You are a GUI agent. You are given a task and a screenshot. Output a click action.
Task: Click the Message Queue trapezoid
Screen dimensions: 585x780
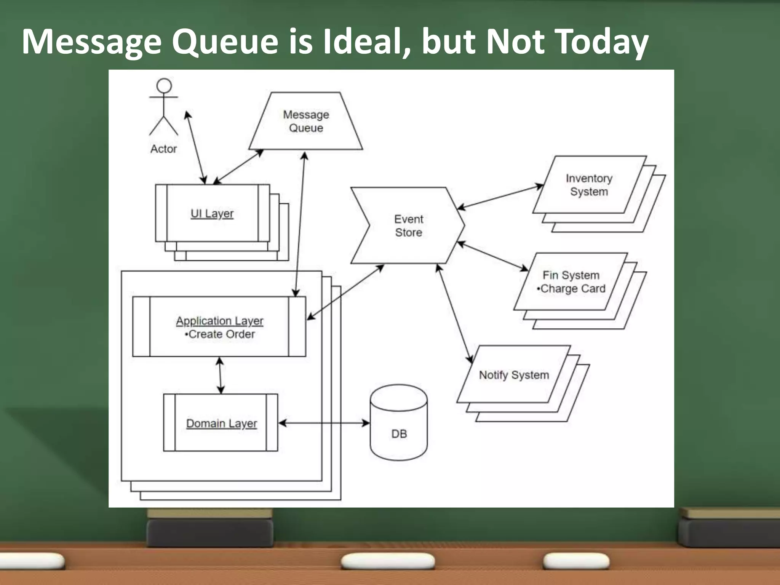click(306, 121)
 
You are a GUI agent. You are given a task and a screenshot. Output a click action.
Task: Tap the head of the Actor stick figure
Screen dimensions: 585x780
click(164, 86)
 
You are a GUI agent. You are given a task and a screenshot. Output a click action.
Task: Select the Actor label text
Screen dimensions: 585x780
click(163, 149)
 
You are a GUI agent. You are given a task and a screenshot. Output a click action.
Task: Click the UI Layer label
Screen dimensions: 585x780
click(212, 214)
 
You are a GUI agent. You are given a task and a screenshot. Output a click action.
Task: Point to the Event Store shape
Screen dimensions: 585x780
click(408, 225)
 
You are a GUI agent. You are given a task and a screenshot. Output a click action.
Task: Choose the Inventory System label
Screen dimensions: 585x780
click(589, 185)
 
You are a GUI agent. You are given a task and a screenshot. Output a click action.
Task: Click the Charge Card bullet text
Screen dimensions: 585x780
click(571, 289)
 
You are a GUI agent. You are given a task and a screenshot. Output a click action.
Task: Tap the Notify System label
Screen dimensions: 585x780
click(514, 375)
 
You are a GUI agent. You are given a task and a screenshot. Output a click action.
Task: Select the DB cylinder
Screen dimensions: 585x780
click(399, 423)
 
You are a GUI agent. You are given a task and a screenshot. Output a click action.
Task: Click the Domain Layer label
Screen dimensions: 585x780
click(221, 424)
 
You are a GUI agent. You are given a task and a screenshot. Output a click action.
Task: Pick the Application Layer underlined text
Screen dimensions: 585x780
click(219, 321)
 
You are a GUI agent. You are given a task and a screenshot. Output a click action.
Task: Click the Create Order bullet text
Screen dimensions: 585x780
click(220, 334)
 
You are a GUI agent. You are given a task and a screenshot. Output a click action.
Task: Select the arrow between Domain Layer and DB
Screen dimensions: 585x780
click(324, 423)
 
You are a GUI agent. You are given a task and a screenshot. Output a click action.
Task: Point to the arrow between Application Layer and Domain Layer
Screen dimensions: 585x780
click(220, 375)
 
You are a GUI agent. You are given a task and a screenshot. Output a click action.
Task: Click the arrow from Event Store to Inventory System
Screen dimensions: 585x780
click(500, 197)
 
